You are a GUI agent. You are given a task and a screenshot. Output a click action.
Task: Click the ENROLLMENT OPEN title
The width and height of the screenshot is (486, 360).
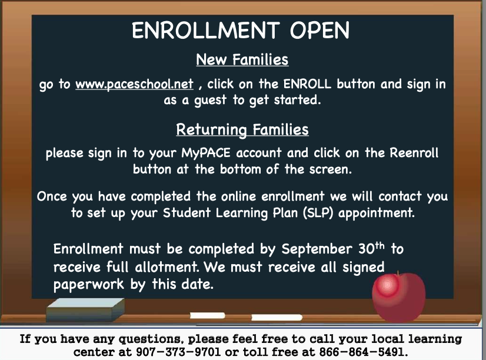tap(241, 31)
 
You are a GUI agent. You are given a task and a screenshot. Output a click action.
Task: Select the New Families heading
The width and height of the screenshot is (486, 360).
tap(242, 59)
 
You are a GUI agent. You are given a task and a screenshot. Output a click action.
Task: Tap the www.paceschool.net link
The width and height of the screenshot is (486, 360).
tap(134, 84)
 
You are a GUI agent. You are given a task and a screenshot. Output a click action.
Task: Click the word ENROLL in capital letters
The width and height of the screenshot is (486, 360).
tap(307, 84)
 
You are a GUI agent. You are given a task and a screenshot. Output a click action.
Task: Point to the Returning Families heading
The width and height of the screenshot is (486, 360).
tap(242, 129)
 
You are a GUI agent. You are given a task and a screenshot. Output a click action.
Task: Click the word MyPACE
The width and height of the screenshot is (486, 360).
tap(206, 153)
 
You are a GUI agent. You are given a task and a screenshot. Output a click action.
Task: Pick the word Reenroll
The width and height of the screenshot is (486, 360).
tap(414, 152)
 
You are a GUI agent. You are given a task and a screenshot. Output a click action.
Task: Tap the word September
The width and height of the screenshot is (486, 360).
tap(317, 249)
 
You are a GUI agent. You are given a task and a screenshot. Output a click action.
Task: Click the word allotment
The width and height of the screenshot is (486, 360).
tap(167, 266)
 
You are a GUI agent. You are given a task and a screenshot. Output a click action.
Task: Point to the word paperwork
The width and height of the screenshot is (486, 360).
tap(89, 285)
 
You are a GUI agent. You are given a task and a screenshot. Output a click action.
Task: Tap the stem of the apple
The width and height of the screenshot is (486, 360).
tap(397, 274)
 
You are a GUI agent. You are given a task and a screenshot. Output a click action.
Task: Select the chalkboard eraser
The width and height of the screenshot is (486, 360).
tap(85, 310)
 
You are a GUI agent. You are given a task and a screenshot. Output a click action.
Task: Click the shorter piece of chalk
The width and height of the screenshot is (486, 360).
tap(207, 316)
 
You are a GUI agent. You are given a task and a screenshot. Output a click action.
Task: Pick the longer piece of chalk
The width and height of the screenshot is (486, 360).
tap(277, 318)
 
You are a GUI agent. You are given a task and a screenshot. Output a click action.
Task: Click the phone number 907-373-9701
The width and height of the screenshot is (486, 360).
tap(178, 352)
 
